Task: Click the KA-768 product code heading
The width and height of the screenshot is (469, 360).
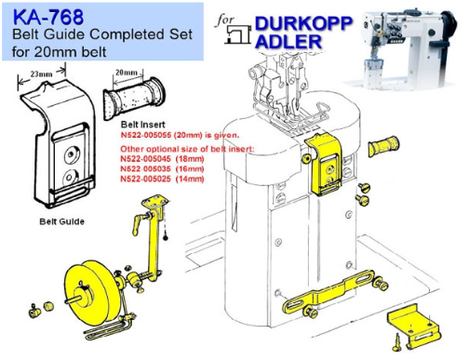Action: (48, 17)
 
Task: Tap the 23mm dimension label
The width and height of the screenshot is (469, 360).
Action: (41, 74)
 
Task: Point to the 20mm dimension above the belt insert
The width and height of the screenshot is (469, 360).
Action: (127, 73)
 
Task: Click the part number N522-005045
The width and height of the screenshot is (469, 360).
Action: (145, 159)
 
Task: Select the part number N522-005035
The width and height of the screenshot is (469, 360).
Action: (145, 168)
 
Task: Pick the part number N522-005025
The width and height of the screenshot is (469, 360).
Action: (145, 179)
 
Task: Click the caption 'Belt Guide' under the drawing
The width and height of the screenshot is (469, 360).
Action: (62, 221)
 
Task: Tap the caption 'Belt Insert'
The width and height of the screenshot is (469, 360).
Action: (143, 125)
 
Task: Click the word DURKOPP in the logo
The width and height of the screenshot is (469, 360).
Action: (303, 23)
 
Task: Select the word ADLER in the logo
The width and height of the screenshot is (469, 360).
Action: (288, 42)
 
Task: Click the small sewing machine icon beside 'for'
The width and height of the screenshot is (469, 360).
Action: (239, 34)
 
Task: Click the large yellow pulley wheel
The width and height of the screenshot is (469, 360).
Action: (87, 293)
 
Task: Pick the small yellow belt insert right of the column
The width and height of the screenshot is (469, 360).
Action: (383, 146)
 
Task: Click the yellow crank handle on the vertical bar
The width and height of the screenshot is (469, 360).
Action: (140, 222)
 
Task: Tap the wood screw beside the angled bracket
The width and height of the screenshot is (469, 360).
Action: (396, 343)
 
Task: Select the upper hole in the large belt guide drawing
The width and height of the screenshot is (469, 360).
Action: (72, 154)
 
